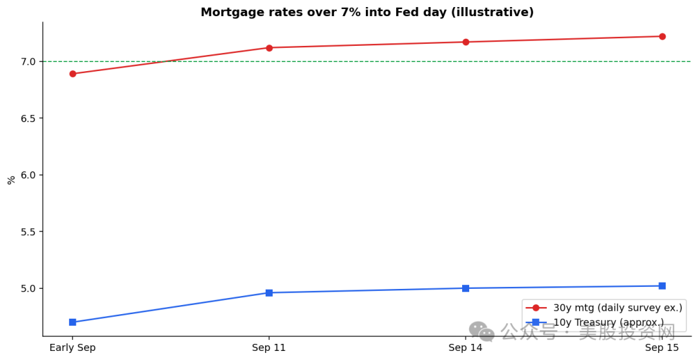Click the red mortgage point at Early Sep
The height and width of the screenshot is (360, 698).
coord(72,74)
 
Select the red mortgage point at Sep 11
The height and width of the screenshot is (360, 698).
coord(269,48)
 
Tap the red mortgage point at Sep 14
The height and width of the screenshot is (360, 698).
coord(465,42)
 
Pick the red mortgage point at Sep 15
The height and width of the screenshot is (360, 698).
coord(662,36)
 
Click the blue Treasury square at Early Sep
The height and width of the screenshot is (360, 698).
coord(72,322)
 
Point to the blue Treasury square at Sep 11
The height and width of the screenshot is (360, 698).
coord(269,293)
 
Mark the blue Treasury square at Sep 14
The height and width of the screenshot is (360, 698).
coord(465,288)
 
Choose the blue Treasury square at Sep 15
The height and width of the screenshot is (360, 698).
coord(662,286)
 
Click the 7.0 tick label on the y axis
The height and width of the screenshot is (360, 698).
coord(28,61)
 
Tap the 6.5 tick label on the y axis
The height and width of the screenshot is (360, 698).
coord(28,118)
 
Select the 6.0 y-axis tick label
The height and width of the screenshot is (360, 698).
coord(28,175)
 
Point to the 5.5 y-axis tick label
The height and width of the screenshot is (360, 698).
coord(28,232)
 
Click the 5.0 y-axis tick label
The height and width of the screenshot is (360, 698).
coord(28,288)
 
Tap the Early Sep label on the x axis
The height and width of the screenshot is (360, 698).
coord(72,348)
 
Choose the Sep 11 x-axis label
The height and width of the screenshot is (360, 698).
coord(269,348)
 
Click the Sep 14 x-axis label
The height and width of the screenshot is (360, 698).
coord(465,348)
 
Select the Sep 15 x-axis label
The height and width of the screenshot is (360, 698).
coord(662,348)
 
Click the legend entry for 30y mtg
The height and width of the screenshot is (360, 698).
coord(604,308)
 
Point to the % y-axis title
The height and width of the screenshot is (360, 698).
coord(11,180)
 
